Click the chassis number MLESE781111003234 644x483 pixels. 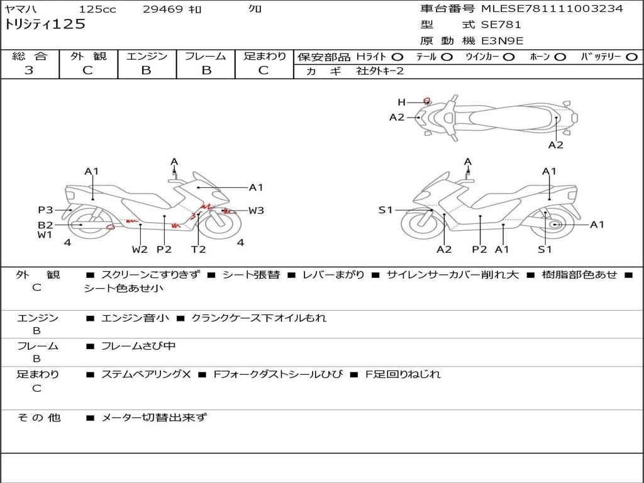click(x=552, y=9)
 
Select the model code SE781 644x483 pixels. click(x=501, y=25)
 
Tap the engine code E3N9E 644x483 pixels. click(x=502, y=42)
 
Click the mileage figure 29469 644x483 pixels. click(x=164, y=9)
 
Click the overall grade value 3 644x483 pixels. click(x=29, y=70)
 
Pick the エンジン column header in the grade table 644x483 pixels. click(x=147, y=57)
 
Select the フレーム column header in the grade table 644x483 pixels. click(x=206, y=57)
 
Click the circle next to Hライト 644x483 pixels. click(x=397, y=57)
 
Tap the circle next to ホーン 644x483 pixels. click(x=560, y=57)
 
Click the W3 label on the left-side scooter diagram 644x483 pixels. click(x=256, y=211)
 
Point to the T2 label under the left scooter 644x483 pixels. click(x=198, y=250)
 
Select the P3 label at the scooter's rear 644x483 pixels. click(x=45, y=210)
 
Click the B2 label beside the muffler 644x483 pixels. click(x=45, y=225)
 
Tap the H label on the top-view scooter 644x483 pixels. click(x=401, y=102)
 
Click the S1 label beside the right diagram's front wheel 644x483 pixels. click(x=386, y=210)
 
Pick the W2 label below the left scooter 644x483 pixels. click(x=140, y=250)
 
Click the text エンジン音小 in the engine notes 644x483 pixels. click(x=135, y=318)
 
